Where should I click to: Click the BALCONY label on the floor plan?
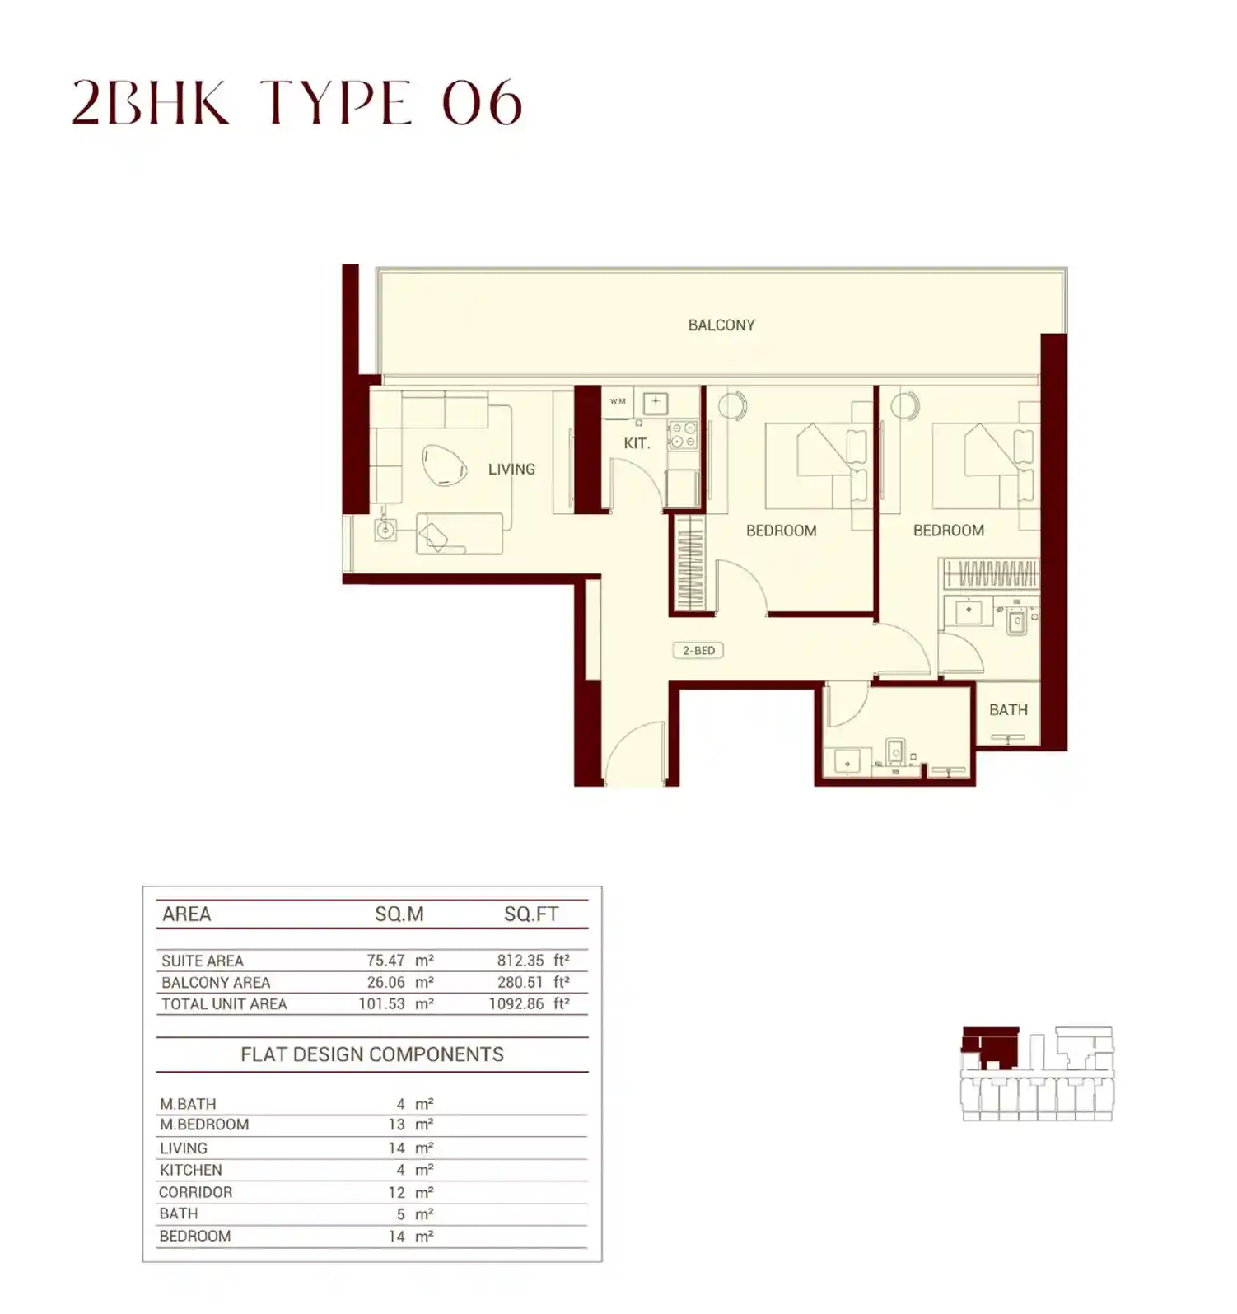(x=721, y=325)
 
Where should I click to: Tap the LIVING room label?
(x=511, y=470)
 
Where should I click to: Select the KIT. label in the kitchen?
(x=637, y=443)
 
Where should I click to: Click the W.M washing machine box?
(x=618, y=402)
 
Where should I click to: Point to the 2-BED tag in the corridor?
(x=698, y=651)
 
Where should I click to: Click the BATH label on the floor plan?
(x=1008, y=710)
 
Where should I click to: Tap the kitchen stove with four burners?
(x=683, y=435)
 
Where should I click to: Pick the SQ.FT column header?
(x=531, y=914)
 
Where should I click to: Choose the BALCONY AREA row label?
(x=216, y=983)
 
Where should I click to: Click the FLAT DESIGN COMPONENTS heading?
(x=372, y=1055)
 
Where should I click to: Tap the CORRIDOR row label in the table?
(x=196, y=1193)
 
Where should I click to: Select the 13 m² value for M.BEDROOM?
(x=410, y=1125)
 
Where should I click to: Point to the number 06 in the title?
(x=483, y=104)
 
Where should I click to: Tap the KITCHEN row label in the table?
(x=191, y=1171)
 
